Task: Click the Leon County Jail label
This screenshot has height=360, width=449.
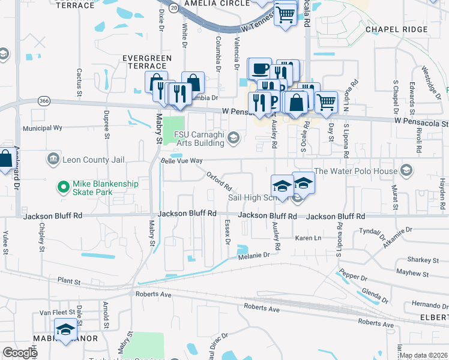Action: point(87,160)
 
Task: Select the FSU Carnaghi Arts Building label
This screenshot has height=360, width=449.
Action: point(199,138)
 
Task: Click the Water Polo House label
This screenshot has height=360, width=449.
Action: point(357,171)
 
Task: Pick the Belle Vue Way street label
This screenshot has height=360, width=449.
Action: point(182,161)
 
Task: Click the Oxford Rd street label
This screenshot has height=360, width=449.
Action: point(219,180)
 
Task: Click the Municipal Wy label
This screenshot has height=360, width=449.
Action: point(43,128)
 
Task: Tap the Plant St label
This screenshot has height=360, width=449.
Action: point(69,280)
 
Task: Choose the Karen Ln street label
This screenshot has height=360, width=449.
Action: point(309,238)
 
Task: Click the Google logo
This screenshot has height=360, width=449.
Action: point(20,353)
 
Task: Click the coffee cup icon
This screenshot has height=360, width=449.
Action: point(260,68)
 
